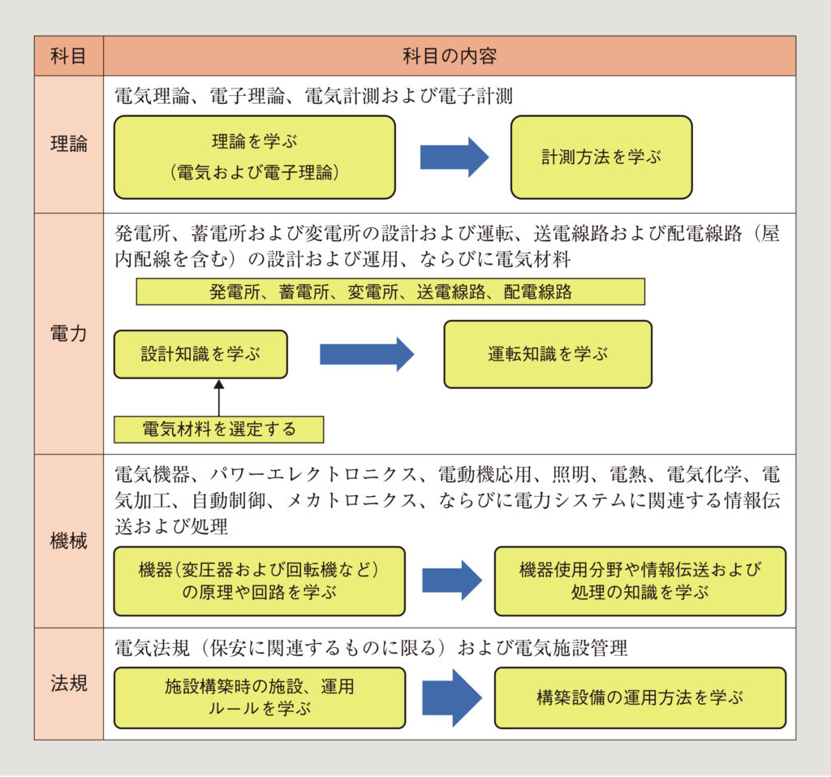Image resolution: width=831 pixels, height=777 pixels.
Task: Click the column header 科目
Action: pos(69,56)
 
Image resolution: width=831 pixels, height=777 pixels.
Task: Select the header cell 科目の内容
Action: pos(449,56)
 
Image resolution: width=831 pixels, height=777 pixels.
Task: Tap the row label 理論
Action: pos(69,145)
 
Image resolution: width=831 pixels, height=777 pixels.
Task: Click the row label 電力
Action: pos(69,334)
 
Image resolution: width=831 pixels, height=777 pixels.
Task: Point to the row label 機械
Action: pos(69,541)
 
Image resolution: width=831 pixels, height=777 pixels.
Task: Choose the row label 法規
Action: pos(69,684)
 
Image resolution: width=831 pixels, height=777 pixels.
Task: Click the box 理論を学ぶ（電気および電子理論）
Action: pos(254,158)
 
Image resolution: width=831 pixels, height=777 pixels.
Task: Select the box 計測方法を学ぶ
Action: pos(601,158)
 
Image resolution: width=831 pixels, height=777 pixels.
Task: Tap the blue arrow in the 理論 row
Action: pos(454,158)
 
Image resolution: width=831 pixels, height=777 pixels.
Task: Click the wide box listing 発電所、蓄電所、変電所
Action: pos(390,291)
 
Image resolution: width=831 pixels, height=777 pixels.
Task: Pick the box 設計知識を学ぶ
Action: pos(200,354)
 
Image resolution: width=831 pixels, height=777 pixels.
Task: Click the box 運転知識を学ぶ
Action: pos(548,354)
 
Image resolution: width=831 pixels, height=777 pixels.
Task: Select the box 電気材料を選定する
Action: pos(218,430)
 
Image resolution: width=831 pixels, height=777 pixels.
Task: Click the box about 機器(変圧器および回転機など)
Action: pos(259,581)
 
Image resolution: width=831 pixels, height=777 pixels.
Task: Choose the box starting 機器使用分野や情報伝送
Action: pos(639,581)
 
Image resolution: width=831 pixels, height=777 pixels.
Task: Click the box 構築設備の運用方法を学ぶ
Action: pos(639,697)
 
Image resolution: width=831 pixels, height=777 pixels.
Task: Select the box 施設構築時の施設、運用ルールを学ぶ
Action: pos(259,697)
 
